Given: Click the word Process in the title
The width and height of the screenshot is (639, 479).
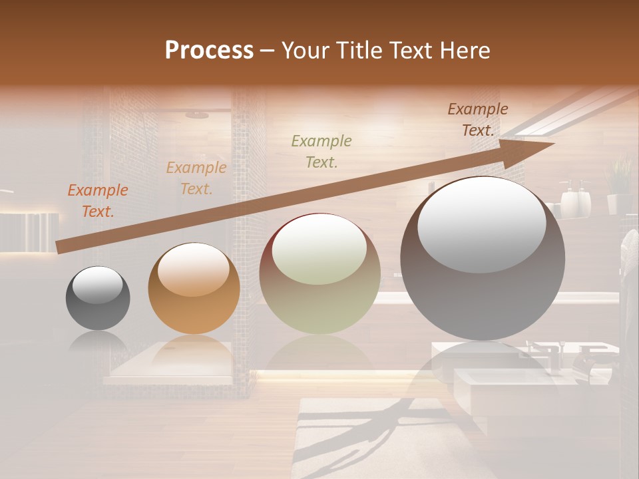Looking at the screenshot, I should [x=209, y=51].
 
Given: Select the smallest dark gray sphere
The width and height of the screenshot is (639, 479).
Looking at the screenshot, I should [x=98, y=298].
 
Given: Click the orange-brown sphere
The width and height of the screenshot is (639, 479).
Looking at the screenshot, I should [x=194, y=288].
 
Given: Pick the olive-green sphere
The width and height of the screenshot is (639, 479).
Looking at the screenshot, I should [x=319, y=273].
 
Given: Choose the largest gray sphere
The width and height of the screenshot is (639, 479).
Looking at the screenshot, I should [x=483, y=258].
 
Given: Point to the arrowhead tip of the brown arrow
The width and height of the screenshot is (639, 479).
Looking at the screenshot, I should [x=553, y=143].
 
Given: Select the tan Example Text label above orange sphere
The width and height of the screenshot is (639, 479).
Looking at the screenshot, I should [x=196, y=178].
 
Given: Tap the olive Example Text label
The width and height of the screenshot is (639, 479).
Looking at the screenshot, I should [x=321, y=151].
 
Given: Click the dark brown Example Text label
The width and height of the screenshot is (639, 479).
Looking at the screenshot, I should [x=477, y=120].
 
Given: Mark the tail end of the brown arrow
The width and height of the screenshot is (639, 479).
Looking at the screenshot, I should [x=59, y=247].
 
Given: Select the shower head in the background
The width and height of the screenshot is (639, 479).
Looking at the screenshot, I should [x=197, y=115].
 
